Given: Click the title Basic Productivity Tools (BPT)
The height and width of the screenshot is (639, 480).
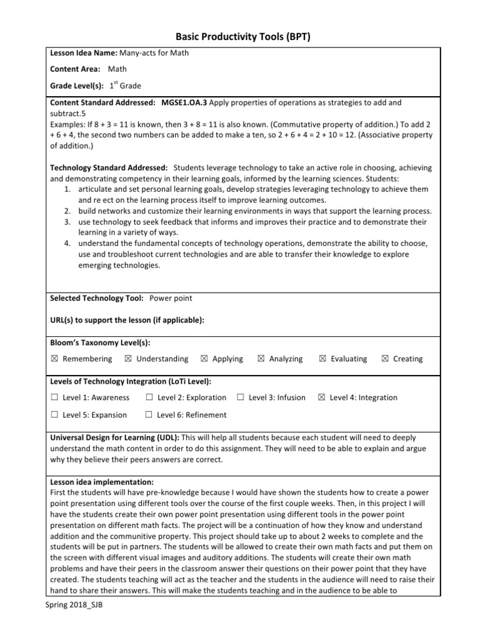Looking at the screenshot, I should point(240,37).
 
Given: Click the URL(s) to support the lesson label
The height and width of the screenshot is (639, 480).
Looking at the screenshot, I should point(127,320).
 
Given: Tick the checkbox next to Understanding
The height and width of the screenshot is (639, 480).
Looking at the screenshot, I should point(128,359).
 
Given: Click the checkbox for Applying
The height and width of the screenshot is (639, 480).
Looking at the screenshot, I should point(204,359).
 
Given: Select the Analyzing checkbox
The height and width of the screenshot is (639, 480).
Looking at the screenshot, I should point(261,359).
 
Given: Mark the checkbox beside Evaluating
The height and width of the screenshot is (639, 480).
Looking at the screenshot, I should point(322,359).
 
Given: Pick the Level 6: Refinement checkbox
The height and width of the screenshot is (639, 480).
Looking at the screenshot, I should point(149,415).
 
